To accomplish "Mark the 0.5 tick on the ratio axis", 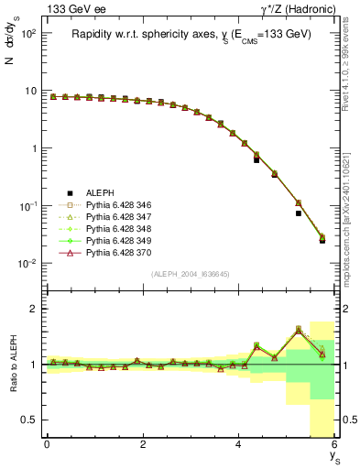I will tap(30, 420).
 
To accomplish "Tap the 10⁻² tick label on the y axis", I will tap(27, 264).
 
